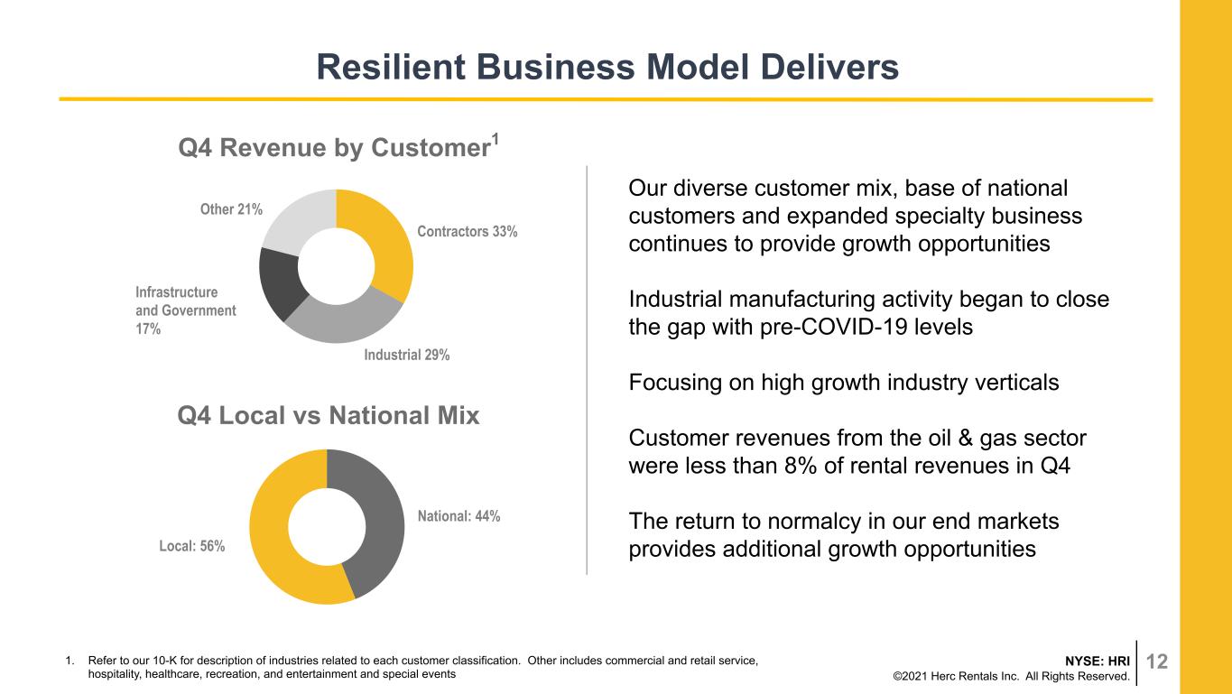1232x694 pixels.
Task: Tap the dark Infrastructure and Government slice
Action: coord(280,282)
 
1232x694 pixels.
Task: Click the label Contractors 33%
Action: coord(467,232)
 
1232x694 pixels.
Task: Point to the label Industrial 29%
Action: coord(406,356)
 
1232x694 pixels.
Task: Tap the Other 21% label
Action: coord(231,209)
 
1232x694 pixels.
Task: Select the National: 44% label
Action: coord(459,516)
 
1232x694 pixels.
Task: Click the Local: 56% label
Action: coord(192,546)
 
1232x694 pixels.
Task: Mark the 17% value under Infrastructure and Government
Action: coord(148,328)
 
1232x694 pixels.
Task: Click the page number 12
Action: coord(1157,662)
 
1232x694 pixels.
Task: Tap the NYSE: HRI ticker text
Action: coord(1098,661)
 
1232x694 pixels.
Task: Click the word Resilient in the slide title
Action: coord(391,67)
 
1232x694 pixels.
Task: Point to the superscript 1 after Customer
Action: coord(495,140)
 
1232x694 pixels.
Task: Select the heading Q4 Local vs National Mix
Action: coord(329,416)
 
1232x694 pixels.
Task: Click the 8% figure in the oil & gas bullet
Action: coord(801,466)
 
